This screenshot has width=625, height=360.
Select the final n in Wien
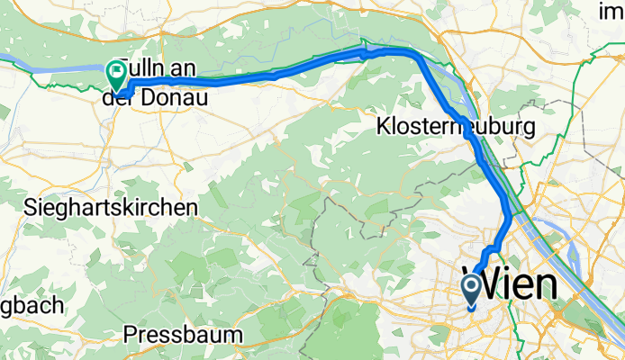[x=543, y=286]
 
